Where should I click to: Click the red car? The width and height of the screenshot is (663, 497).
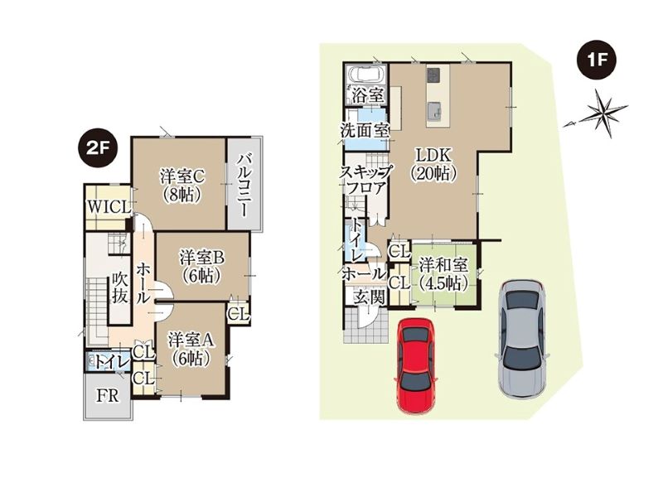click(x=417, y=365)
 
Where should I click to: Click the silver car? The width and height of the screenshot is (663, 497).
click(x=523, y=338)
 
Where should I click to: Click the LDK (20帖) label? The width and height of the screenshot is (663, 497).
click(x=433, y=164)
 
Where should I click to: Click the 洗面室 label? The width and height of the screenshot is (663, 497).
click(x=365, y=130)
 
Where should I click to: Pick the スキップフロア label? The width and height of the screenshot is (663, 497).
click(x=366, y=180)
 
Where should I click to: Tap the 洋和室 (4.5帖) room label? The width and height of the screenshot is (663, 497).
click(x=443, y=274)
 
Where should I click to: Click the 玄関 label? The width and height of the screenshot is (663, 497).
click(x=370, y=297)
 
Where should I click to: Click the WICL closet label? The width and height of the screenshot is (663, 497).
click(x=109, y=207)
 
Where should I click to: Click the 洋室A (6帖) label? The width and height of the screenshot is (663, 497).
click(x=191, y=349)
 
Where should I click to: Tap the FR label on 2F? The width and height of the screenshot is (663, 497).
click(x=108, y=396)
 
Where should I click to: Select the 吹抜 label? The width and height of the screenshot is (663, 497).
click(x=120, y=288)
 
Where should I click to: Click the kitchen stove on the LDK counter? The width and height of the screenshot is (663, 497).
click(x=433, y=75)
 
